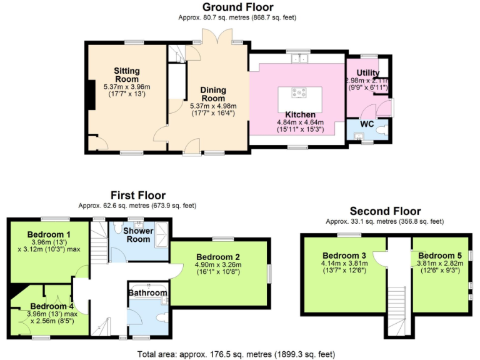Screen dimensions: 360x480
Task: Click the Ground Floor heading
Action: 237,7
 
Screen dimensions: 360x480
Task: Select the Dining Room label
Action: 213,94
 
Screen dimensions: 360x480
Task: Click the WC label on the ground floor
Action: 367,124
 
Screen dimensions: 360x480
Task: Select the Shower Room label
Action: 137,235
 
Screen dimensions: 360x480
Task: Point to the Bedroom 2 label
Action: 218,257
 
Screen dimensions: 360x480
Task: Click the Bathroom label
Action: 147,292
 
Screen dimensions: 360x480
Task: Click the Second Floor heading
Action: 385,211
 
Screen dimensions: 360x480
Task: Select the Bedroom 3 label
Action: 344,256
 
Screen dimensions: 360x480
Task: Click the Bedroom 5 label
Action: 439,256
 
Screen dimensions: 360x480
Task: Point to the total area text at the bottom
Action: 239,354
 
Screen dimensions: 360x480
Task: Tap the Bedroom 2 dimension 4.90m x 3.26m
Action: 218,264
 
